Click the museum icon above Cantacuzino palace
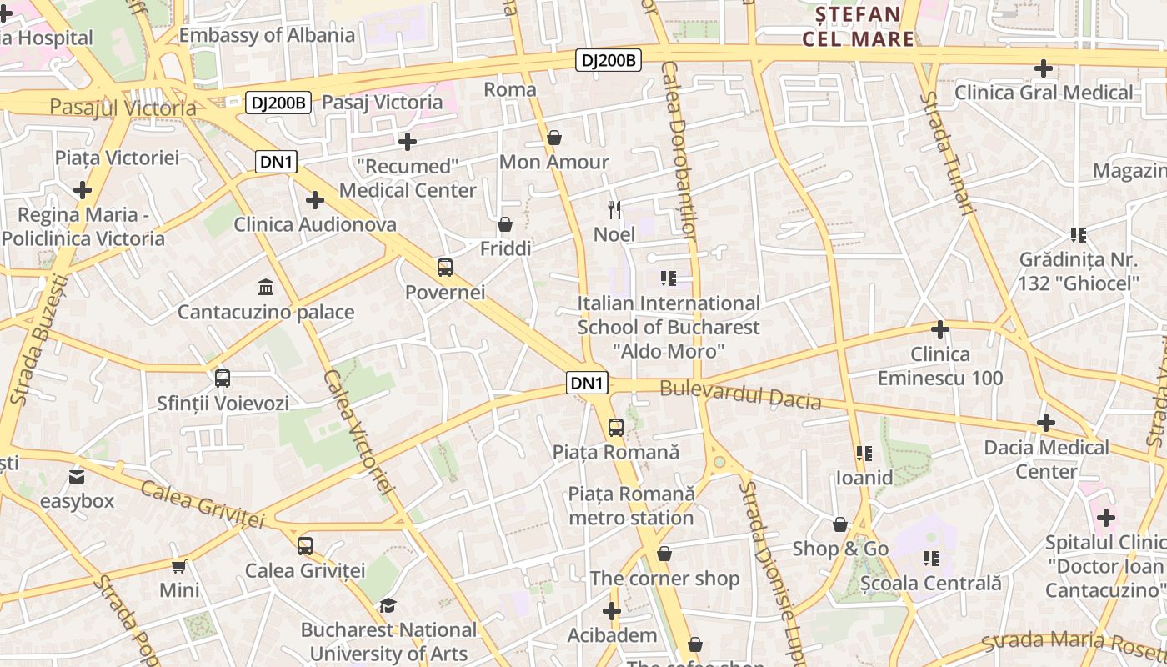[266, 287]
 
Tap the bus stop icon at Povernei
[445, 268]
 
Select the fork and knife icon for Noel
[614, 209]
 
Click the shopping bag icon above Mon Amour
[554, 137]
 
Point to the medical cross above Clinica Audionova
[314, 200]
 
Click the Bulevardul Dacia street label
[740, 394]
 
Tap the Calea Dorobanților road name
[678, 150]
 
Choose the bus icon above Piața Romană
[616, 428]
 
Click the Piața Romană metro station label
[631, 505]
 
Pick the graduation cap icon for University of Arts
[388, 605]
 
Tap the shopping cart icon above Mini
[179, 566]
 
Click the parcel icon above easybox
[77, 477]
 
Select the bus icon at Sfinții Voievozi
[223, 379]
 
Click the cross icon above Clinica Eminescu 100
[940, 329]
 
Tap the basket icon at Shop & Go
[840, 524]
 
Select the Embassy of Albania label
[267, 35]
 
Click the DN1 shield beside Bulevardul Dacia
[588, 383]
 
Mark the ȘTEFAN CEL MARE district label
[858, 26]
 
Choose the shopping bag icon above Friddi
[505, 224]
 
